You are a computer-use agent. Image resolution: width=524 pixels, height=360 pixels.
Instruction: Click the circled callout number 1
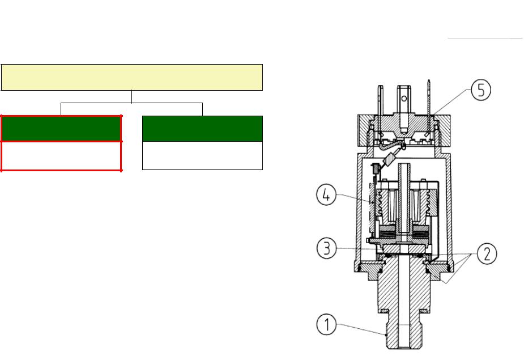point(326,324)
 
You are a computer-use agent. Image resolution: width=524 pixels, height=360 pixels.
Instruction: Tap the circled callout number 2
point(487,253)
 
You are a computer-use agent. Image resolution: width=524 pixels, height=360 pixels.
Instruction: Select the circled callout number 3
point(326,248)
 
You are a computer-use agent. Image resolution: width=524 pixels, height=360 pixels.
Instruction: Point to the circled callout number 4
point(326,195)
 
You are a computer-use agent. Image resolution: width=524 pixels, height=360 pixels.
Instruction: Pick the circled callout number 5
point(481,90)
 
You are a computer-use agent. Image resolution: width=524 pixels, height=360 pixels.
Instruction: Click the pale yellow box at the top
point(132,77)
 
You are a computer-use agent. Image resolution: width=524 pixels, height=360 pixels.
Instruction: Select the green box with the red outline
point(61,129)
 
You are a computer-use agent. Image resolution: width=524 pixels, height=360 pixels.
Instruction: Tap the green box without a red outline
point(202,129)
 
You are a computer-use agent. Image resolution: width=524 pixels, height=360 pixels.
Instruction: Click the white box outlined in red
point(61,156)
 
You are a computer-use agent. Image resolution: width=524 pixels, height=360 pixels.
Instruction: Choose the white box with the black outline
point(202,155)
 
